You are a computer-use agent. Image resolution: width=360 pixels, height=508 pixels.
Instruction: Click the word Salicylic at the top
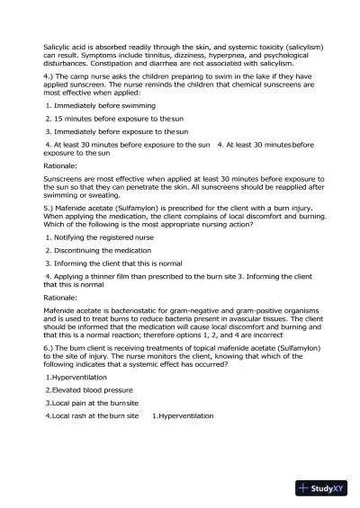pos(58,46)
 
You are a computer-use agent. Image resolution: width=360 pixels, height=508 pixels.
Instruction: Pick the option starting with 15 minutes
pos(104,119)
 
